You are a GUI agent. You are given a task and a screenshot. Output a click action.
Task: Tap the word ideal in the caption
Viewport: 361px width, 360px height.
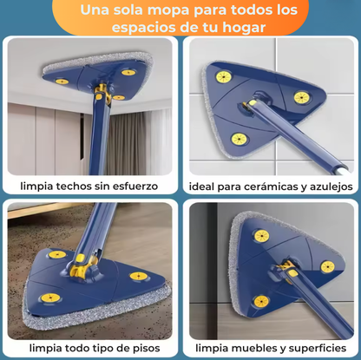(x=205, y=186)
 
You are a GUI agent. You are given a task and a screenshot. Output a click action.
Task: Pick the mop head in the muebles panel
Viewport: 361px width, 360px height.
(x=277, y=260)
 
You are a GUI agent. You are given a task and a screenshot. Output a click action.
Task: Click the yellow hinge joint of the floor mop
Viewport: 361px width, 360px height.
(x=87, y=259)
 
